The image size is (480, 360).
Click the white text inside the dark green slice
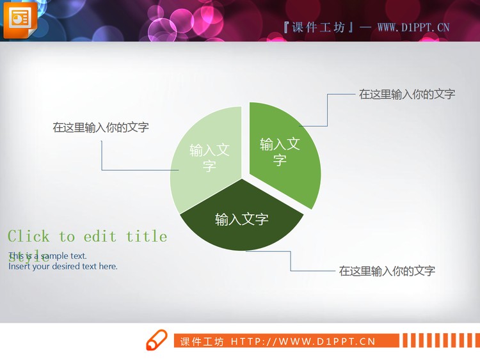[x=241, y=220]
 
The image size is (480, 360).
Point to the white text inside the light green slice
[x=209, y=157]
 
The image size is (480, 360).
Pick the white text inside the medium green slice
[x=280, y=152]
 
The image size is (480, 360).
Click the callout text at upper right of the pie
[x=407, y=94]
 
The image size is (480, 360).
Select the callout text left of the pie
[x=100, y=127]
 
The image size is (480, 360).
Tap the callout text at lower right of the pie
[x=387, y=270]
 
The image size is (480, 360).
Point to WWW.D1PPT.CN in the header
[x=413, y=27]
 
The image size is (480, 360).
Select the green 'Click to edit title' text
[x=88, y=237]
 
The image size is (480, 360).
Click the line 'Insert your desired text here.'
[x=63, y=266]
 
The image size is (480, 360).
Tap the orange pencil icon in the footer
[x=156, y=340]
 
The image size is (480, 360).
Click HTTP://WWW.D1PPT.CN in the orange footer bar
[x=303, y=341]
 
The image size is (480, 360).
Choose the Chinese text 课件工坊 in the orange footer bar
[x=202, y=341]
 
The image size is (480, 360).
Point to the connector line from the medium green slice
[x=328, y=109]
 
